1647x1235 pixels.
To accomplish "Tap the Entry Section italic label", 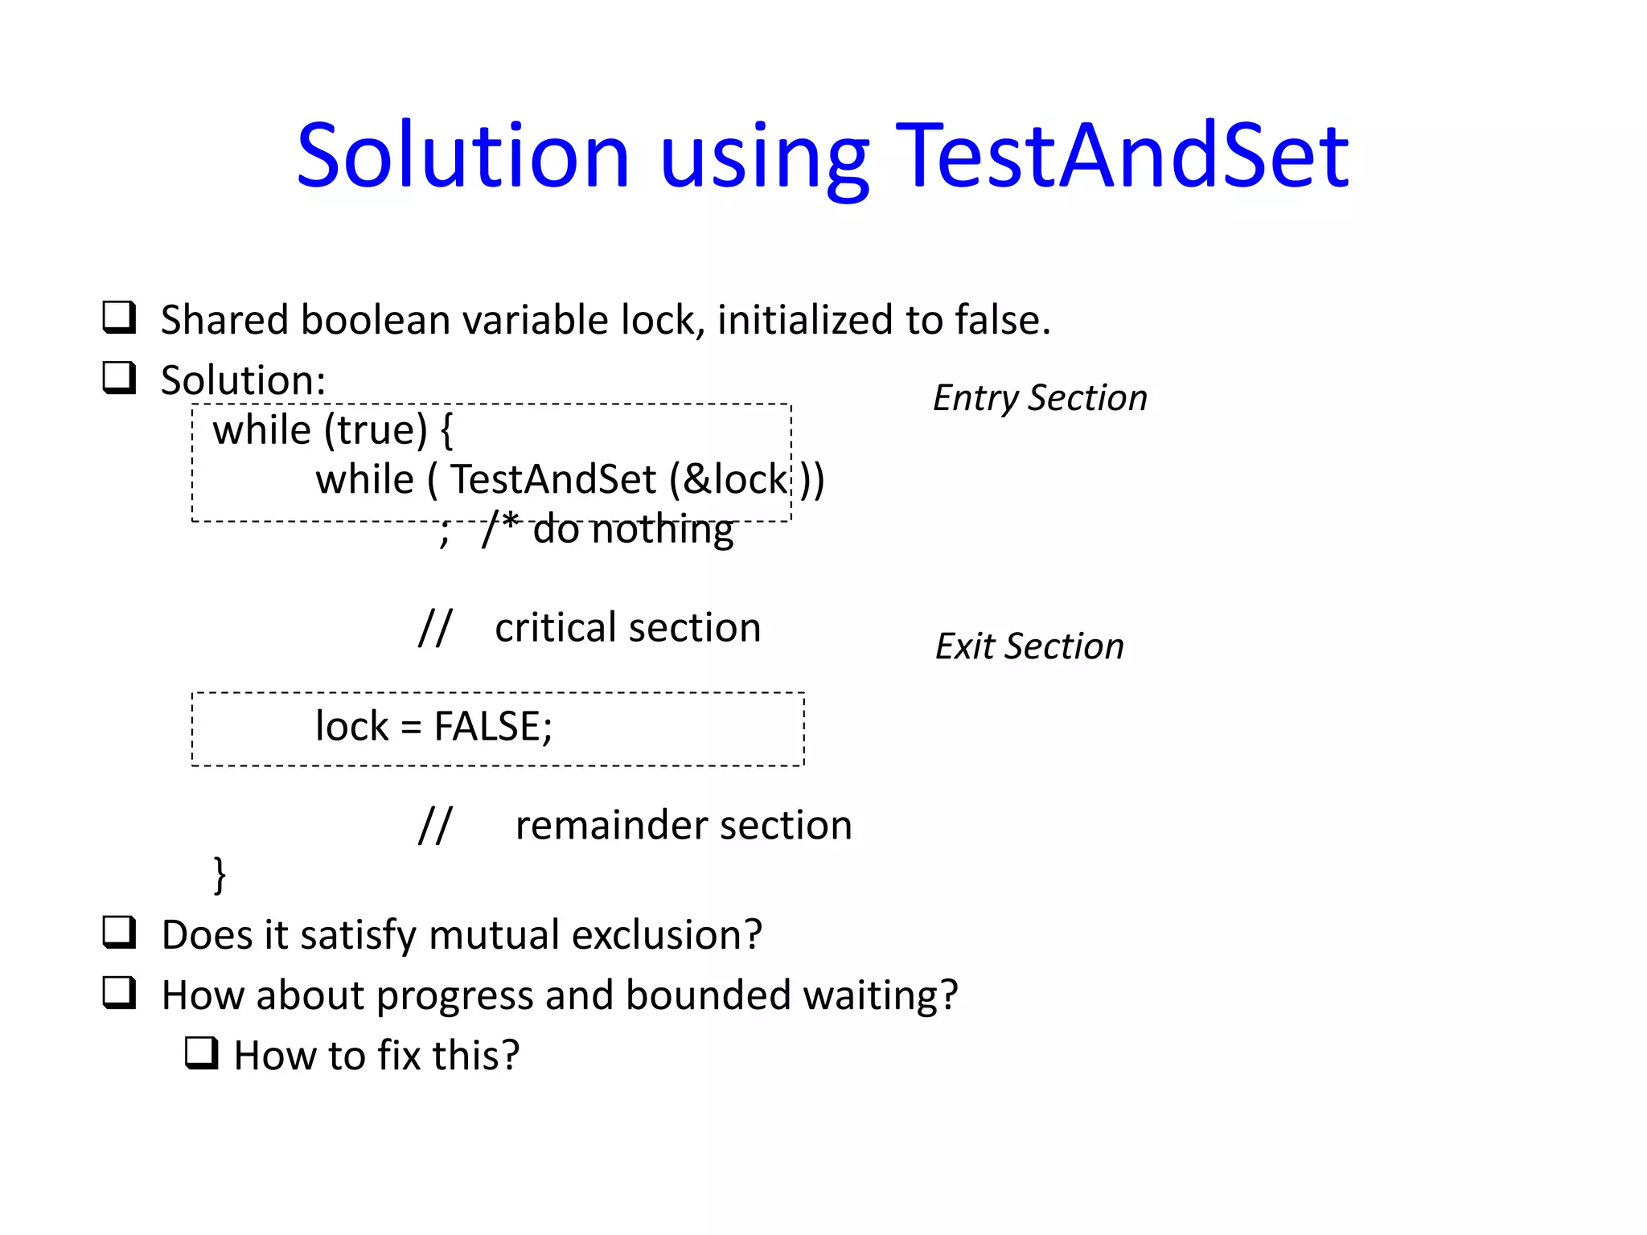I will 1040,398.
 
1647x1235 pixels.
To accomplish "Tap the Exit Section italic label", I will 1029,646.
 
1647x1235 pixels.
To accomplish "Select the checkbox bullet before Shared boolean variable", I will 119,318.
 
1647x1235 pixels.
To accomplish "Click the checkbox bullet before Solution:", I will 119,377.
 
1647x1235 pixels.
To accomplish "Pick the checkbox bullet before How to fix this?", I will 201,1052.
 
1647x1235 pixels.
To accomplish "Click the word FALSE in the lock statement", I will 487,726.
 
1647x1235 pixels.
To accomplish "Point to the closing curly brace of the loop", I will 220,875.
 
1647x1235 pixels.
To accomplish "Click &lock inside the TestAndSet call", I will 735,479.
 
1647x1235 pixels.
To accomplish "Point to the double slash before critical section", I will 435,627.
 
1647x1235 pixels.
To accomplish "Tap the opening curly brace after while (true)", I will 447,430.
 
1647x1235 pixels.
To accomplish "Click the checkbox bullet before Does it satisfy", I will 119,933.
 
